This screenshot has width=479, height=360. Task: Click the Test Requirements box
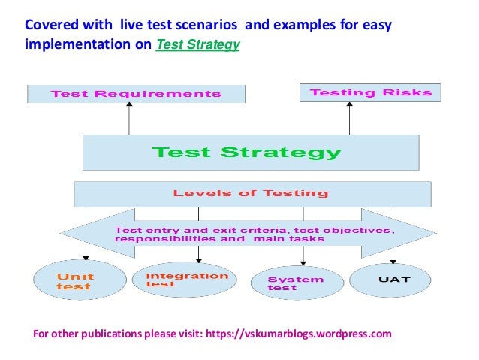pos(135,94)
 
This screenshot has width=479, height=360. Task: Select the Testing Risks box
pos(370,92)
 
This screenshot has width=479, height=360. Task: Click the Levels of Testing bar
pos(252,194)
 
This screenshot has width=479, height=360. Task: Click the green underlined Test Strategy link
pos(197,44)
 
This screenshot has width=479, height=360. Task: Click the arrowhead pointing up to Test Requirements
pos(129,106)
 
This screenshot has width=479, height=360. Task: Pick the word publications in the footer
pos(102,333)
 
